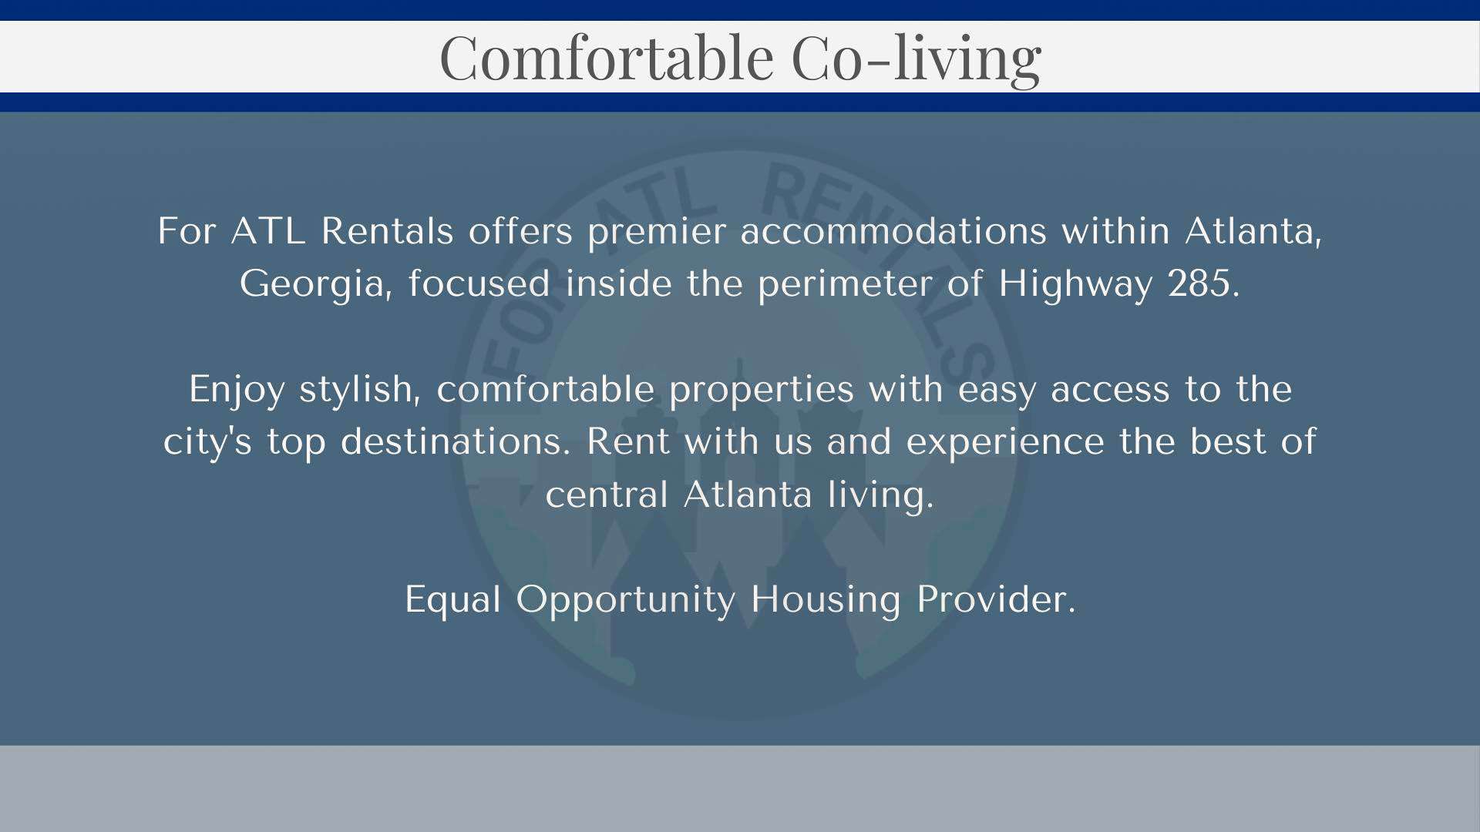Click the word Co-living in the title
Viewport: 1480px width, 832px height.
coord(917,59)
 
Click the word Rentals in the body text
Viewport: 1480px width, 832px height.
coord(387,230)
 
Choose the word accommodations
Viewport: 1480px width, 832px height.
coord(893,230)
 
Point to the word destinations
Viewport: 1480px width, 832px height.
coord(456,441)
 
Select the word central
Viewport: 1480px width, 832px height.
coord(607,493)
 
